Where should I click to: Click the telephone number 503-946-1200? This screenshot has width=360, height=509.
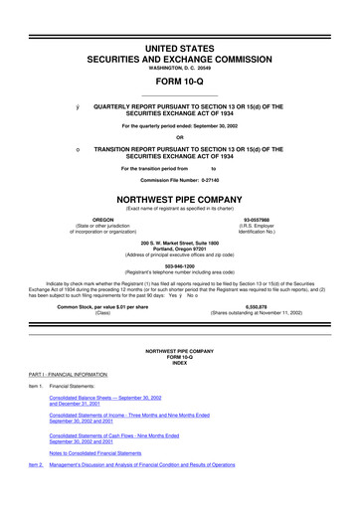pos(180,264)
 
